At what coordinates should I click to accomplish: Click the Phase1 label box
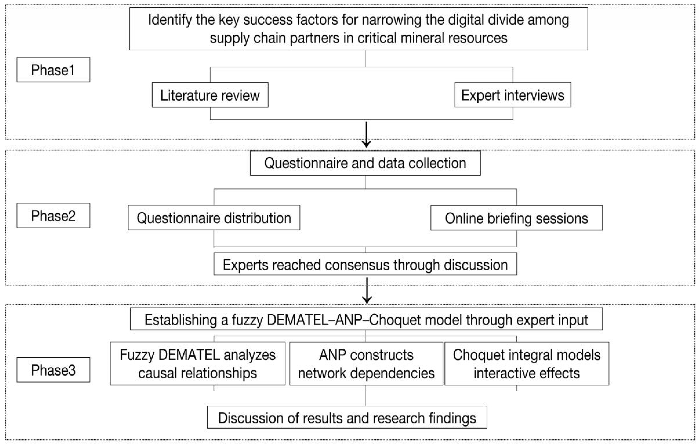click(x=53, y=70)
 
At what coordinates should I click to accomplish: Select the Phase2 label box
click(x=53, y=216)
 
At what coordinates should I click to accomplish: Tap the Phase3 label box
click(x=53, y=370)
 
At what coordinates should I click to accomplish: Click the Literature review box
click(x=210, y=95)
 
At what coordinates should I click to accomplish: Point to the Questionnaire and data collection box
click(x=365, y=163)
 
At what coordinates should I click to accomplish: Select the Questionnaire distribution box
click(x=214, y=218)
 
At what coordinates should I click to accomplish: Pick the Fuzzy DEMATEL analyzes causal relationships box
click(x=197, y=364)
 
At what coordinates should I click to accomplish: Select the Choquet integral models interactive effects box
click(x=527, y=364)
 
